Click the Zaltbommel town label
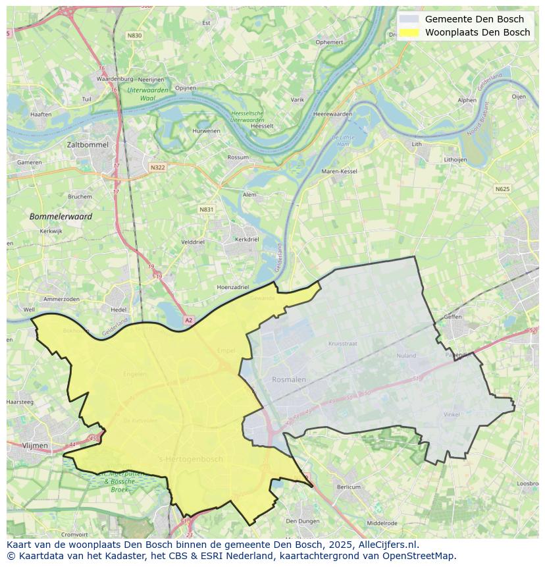click(87, 144)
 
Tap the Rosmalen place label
click(289, 379)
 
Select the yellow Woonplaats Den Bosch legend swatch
click(409, 32)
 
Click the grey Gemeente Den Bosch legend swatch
click(409, 19)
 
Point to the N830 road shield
click(135, 35)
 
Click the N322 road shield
click(157, 167)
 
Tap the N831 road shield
click(207, 209)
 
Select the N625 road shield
click(502, 189)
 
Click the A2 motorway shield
click(189, 320)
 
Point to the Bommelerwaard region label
click(61, 216)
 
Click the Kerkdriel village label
click(247, 240)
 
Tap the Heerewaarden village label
click(332, 114)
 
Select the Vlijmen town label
click(35, 445)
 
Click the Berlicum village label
click(349, 487)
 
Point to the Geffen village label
click(453, 317)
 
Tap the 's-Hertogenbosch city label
click(191, 459)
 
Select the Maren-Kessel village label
click(339, 171)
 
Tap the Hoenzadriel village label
click(233, 287)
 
